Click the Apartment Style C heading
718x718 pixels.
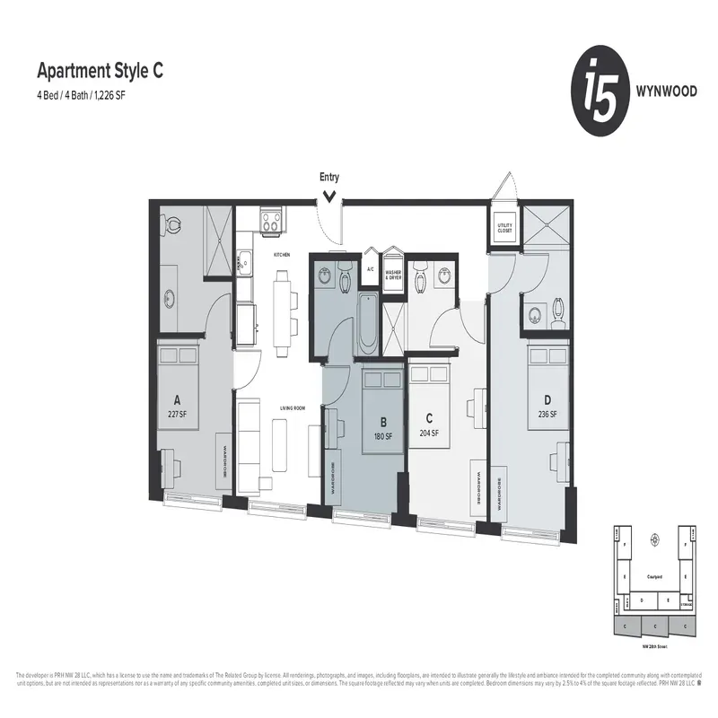[99, 69]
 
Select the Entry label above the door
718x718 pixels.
[329, 178]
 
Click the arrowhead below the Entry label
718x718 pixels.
[329, 194]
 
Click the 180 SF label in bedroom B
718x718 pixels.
[384, 436]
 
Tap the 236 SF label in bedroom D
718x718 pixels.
[547, 414]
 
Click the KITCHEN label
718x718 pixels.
[283, 255]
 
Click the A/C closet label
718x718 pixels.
[370, 268]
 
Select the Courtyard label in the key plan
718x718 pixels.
[653, 577]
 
